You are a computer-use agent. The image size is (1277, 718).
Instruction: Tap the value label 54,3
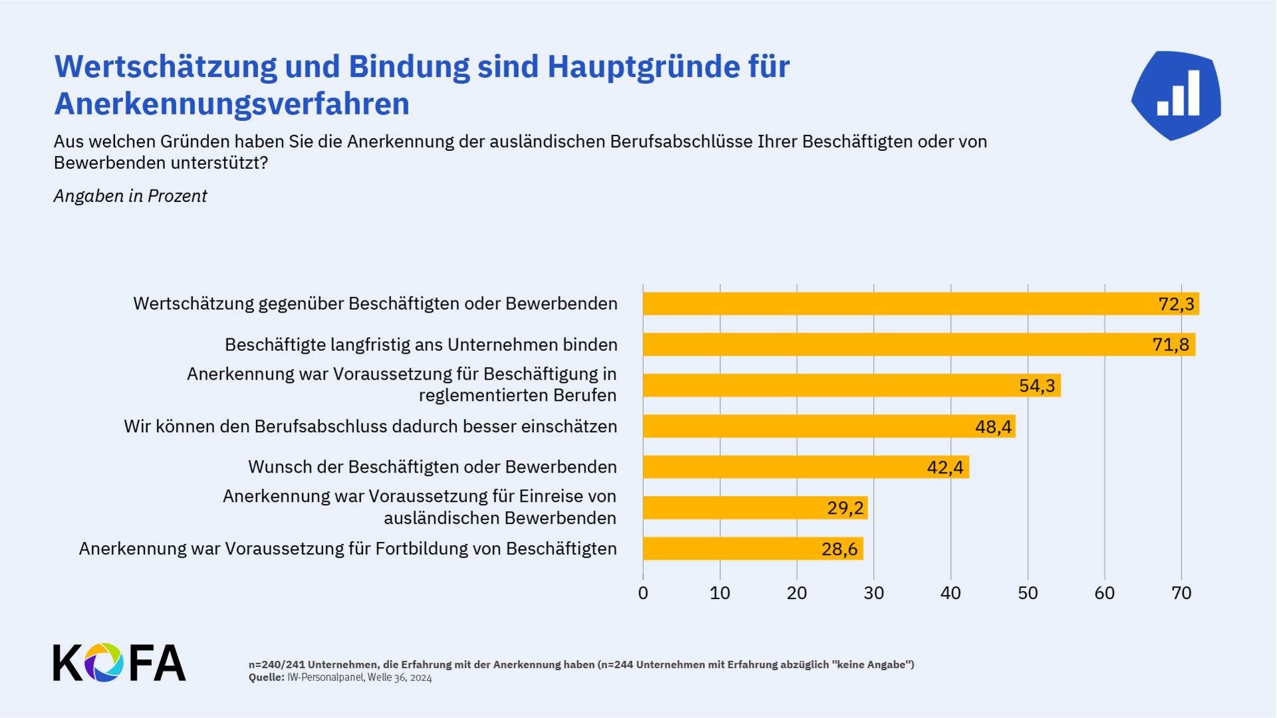(1037, 386)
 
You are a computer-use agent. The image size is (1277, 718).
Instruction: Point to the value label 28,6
(839, 549)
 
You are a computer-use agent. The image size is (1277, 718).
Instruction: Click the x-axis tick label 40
(950, 593)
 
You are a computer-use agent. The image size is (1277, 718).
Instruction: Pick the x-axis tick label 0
(643, 593)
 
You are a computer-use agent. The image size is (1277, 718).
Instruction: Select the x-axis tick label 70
(1181, 593)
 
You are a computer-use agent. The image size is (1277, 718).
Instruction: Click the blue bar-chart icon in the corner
(1177, 95)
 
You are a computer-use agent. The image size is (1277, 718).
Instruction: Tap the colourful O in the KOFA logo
(104, 662)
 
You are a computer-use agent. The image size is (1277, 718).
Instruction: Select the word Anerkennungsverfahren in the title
(231, 104)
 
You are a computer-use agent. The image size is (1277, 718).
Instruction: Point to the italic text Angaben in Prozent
(130, 196)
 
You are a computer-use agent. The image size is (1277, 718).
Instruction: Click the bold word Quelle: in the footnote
(266, 677)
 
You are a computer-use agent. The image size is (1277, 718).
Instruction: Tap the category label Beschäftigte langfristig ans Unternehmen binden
(421, 344)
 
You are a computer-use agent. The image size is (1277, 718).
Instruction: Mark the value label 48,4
(993, 427)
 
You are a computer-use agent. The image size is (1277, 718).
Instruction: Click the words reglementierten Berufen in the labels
(517, 396)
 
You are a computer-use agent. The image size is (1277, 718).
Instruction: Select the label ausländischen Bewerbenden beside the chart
(499, 518)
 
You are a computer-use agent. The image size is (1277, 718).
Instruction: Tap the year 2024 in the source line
(420, 677)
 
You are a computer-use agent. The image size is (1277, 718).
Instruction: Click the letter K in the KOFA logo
(67, 662)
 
